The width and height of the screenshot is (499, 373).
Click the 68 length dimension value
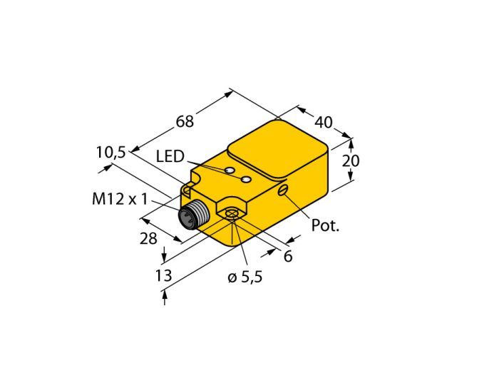coord(185,121)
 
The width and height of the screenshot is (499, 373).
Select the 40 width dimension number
coord(324,122)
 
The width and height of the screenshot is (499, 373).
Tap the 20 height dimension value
coord(351,160)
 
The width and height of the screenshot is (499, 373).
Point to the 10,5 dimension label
coord(111,153)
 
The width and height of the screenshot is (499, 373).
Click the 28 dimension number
coord(148,238)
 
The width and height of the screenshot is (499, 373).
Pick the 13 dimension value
coord(163,275)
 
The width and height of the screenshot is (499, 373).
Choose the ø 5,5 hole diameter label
coord(245,277)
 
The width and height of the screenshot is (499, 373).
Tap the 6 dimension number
coord(288,256)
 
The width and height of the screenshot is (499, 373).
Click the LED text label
coord(170,157)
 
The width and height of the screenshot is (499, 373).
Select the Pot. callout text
coord(325,225)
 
